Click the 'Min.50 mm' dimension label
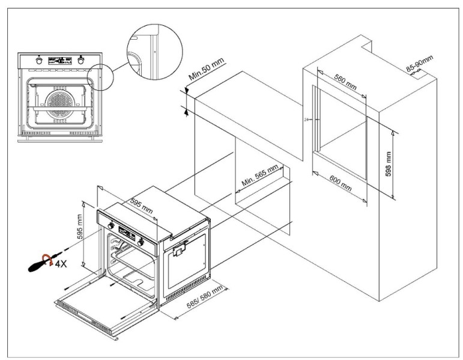207,69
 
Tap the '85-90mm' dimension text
419,63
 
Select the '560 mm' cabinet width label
345,82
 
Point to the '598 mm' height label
389,164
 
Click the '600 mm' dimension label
340,183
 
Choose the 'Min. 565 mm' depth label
260,175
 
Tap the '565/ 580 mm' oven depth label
205,296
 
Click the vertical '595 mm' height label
79,227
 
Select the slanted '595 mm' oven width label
142,206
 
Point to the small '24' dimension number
306,120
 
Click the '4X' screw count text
61,264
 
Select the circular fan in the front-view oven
59,103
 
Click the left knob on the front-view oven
39,61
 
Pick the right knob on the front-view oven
80,61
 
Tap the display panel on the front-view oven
60,61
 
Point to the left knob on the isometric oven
110,226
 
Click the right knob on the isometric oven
141,243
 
